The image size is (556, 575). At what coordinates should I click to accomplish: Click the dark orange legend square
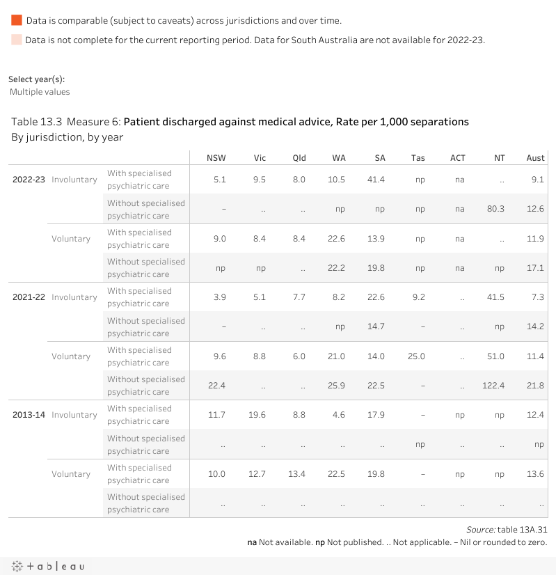click(x=17, y=21)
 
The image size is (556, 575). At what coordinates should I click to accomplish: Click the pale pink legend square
click(x=17, y=40)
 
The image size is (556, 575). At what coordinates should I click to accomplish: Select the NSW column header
click(x=216, y=158)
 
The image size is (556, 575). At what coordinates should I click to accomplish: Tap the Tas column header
click(x=418, y=158)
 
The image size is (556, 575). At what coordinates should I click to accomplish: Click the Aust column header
click(x=535, y=158)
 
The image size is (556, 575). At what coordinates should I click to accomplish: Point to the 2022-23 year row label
click(x=29, y=180)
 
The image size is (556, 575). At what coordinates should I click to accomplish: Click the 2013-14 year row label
click(x=29, y=415)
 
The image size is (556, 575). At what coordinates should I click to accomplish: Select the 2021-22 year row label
click(x=29, y=297)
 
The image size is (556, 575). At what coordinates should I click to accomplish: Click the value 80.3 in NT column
click(x=495, y=209)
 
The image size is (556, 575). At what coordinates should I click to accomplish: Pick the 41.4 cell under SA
click(x=376, y=180)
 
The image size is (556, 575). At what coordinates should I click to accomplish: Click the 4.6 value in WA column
click(x=339, y=415)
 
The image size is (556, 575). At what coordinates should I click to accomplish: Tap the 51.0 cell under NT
click(x=495, y=356)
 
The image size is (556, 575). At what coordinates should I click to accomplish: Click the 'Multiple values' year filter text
click(x=40, y=92)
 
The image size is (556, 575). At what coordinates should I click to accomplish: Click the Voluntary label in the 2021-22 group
click(x=71, y=356)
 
